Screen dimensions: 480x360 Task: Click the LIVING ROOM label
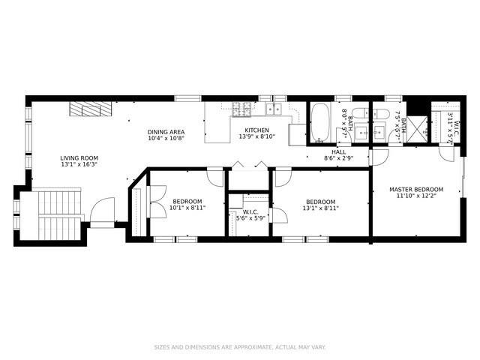click(79, 158)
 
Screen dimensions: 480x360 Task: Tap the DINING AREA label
click(166, 132)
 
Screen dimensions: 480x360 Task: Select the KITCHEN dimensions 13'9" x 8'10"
click(257, 136)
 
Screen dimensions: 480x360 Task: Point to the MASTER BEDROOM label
click(416, 190)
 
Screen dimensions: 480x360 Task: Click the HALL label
click(339, 151)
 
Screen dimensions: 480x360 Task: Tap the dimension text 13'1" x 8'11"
click(321, 208)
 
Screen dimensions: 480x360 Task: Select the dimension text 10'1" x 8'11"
click(187, 208)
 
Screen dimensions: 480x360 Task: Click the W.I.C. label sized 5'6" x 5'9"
click(250, 211)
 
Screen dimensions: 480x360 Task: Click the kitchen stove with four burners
click(241, 109)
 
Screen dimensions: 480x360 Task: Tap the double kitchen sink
click(274, 109)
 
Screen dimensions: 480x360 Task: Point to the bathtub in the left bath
click(320, 122)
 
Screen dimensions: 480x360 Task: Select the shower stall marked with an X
click(418, 129)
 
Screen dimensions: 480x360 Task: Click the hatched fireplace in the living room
click(91, 109)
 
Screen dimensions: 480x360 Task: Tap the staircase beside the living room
click(60, 215)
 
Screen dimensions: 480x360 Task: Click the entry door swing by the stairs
click(102, 209)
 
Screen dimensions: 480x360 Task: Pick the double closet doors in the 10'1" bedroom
click(158, 202)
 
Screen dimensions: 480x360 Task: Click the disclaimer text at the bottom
click(240, 347)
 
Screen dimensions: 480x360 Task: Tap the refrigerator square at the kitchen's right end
click(297, 134)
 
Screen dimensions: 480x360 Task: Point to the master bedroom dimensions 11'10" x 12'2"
click(416, 196)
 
